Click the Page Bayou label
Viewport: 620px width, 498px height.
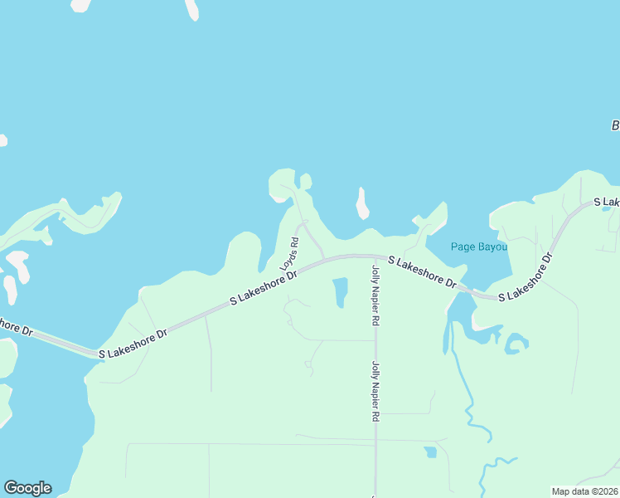478,247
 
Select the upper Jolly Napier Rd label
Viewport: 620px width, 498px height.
375,295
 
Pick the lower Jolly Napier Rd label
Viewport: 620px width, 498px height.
375,392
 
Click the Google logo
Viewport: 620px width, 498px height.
27,488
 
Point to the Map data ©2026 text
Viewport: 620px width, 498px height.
584,491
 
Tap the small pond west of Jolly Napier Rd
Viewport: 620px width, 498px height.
340,292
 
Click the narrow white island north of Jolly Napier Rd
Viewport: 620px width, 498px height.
361,203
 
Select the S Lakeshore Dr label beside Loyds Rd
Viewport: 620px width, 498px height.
264,286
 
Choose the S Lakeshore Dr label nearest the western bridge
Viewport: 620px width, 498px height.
133,342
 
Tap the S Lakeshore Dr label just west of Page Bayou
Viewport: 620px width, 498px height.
423,272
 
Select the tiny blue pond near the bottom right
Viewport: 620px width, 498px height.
430,452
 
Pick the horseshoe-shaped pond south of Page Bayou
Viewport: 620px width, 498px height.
516,344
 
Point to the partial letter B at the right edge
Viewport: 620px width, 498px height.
615,125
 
